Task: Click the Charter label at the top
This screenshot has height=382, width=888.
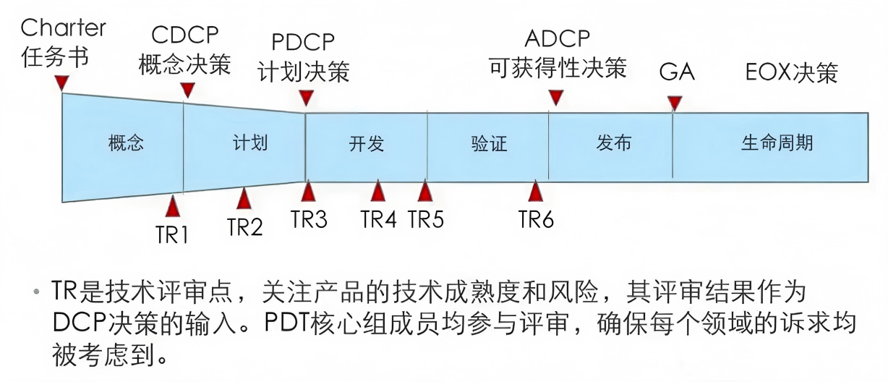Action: tap(63, 27)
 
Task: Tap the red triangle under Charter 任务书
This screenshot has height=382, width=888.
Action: tap(62, 84)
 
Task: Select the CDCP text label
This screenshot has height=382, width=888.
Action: tap(184, 35)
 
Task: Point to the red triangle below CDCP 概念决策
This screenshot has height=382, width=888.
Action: tap(187, 90)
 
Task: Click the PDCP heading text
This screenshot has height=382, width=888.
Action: tap(303, 42)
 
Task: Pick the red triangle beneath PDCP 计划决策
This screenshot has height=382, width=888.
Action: tap(306, 98)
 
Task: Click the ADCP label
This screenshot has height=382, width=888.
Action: tap(558, 38)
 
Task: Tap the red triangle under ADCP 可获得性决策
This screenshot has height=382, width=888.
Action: tap(556, 98)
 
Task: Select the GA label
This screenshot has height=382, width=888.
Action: tap(677, 72)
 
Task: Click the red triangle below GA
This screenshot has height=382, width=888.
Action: tap(675, 103)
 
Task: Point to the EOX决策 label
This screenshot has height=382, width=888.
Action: tap(792, 72)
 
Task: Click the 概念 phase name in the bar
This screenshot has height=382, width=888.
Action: tap(126, 143)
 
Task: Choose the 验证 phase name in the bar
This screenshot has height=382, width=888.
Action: tap(489, 143)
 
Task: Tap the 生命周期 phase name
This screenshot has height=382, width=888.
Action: tap(777, 143)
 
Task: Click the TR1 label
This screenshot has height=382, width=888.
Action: tap(171, 235)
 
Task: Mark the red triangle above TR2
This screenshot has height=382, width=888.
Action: tap(244, 198)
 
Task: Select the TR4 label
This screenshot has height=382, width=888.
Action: tap(379, 219)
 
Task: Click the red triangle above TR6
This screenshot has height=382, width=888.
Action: tap(536, 191)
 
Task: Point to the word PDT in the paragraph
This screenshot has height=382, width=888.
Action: tap(286, 323)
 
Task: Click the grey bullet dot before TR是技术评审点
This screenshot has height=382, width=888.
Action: tap(36, 292)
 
